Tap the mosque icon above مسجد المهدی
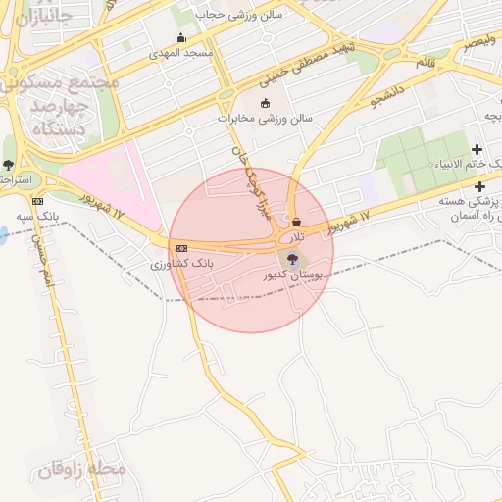[179, 39]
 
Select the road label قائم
[425, 62]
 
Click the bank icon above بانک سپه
[37, 200]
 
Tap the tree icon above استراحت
[9, 164]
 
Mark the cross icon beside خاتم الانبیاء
[477, 150]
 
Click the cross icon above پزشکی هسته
[479, 186]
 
